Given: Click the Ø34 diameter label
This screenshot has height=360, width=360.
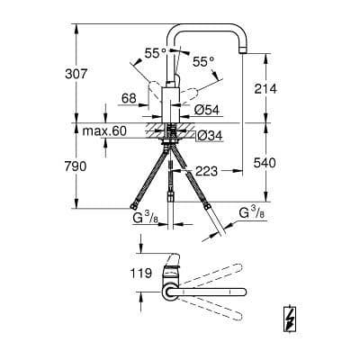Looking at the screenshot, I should coord(206,135).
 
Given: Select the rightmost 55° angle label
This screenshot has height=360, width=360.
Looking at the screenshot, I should coord(204,61).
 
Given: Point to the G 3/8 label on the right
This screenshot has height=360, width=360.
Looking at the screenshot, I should coord(252,215).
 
